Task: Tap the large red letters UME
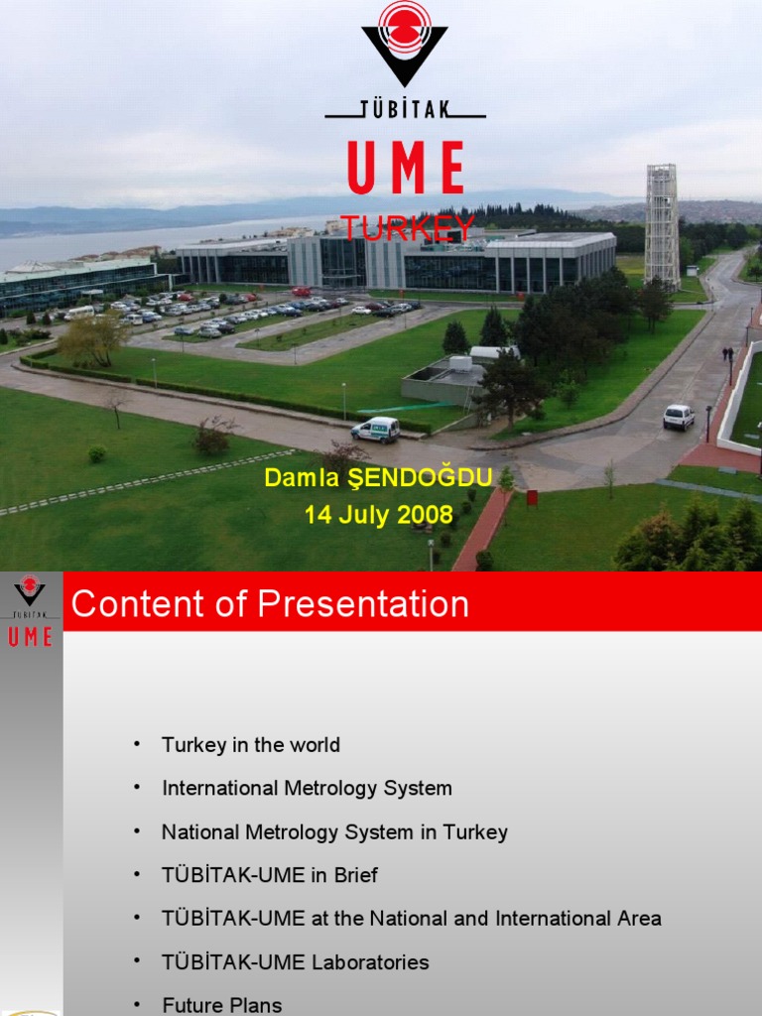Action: point(405,169)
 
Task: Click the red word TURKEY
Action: point(408,227)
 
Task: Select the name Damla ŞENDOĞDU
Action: point(378,478)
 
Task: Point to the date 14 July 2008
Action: point(378,515)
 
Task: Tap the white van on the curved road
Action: point(376,430)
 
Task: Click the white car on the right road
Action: point(679,417)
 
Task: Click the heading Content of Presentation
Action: point(270,604)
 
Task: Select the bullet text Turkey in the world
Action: point(251,745)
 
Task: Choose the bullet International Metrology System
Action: point(307,789)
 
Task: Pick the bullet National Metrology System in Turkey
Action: point(334,832)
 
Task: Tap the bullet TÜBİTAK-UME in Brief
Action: point(270,875)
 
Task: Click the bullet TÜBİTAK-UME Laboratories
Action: point(296,962)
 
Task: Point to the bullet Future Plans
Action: point(222,1005)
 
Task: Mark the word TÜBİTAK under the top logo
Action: point(405,109)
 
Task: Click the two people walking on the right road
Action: point(727,354)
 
